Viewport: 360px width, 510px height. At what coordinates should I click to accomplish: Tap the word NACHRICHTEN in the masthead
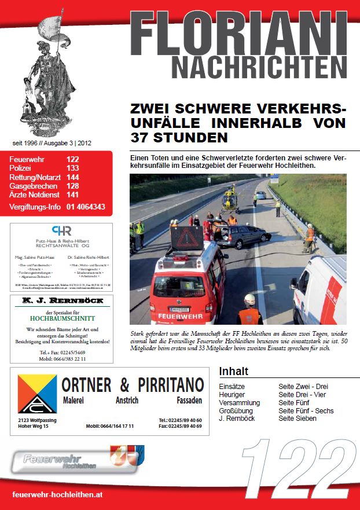pos(259,67)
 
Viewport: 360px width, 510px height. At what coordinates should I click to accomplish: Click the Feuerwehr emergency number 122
pos(73,159)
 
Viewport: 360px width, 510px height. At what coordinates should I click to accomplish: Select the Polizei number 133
pos(73,168)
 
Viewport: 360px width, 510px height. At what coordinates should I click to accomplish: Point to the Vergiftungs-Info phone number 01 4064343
pos(86,207)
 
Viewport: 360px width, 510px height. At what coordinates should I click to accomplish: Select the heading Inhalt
pos(234,371)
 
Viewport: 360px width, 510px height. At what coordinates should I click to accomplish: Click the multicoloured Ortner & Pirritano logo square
pos(37,394)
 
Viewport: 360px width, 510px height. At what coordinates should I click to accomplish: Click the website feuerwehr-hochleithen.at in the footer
pos(57,496)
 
